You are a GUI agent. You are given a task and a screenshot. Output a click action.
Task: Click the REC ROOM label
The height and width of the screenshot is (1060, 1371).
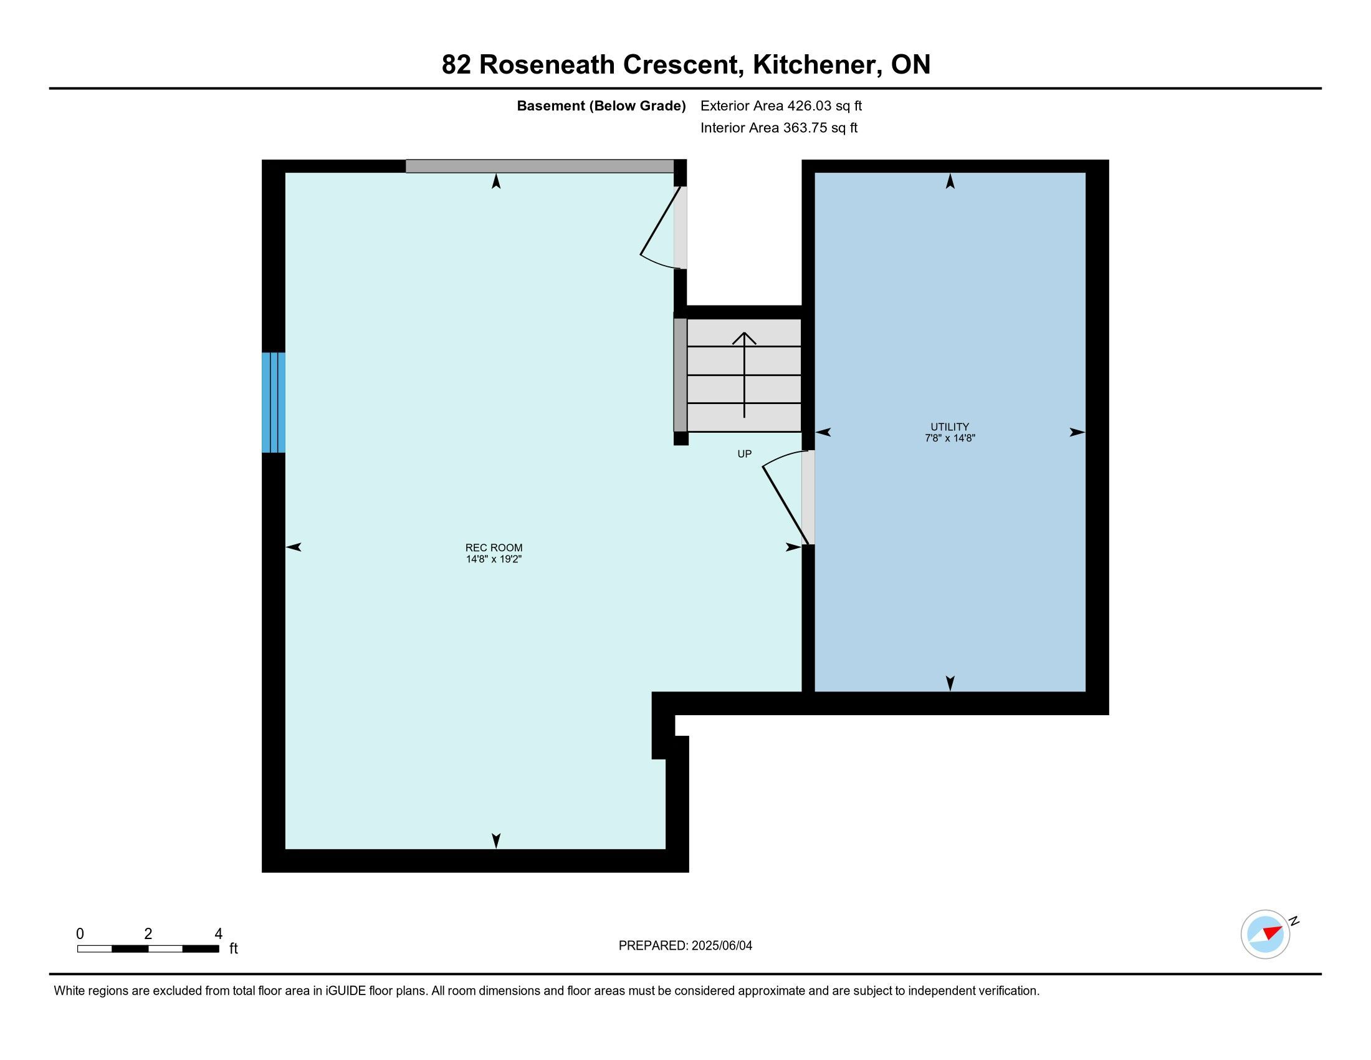click(x=494, y=547)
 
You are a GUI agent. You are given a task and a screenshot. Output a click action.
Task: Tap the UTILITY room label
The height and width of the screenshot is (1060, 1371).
click(x=950, y=426)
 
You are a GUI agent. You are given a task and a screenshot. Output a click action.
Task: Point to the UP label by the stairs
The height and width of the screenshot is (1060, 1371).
click(x=744, y=453)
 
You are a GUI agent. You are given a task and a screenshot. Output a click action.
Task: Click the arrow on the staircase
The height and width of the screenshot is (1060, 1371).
click(x=745, y=375)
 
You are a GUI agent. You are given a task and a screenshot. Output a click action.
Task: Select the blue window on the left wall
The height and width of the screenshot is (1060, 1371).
click(x=274, y=403)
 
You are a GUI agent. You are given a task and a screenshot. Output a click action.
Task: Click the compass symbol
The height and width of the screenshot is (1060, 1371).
click(x=1266, y=934)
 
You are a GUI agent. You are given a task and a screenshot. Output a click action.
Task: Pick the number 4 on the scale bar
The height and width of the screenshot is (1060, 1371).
click(x=219, y=934)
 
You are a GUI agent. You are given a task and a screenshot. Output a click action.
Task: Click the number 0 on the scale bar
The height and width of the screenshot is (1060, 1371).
click(x=80, y=934)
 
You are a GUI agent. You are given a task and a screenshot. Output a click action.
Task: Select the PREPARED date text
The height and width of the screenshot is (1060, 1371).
click(x=685, y=946)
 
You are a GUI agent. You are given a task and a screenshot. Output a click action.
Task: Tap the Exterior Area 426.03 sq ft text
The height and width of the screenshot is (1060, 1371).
click(x=781, y=106)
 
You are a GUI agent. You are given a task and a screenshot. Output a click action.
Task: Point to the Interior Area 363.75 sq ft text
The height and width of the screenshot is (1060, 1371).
click(x=778, y=128)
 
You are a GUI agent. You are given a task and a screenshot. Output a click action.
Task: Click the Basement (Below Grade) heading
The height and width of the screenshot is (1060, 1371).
click(x=601, y=106)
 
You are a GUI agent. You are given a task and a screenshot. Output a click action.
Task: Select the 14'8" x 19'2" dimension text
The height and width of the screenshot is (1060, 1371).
click(x=494, y=559)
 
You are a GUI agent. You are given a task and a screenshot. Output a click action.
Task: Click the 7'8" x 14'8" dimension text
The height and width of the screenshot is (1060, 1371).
click(x=950, y=438)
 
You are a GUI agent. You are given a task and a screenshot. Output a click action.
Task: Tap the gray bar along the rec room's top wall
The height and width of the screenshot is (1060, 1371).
click(x=540, y=166)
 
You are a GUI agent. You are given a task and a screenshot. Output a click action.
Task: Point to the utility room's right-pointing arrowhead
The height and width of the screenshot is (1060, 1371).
click(x=1078, y=432)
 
